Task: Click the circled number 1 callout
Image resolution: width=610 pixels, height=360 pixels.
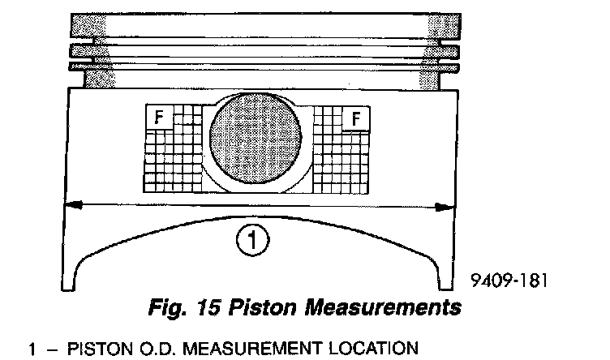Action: (x=252, y=239)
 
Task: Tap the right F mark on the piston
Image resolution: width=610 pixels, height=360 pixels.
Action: (x=355, y=119)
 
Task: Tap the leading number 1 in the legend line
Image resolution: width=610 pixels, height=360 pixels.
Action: (x=32, y=349)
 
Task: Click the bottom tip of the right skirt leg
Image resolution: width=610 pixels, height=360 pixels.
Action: (x=443, y=289)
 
